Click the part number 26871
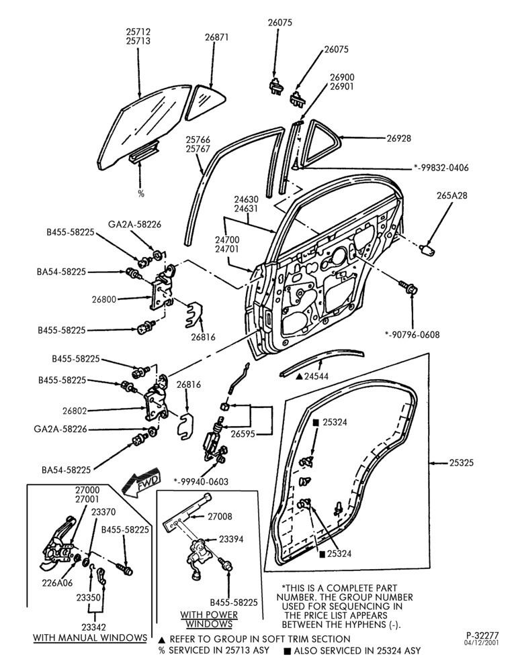click(x=216, y=37)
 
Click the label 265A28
click(x=452, y=195)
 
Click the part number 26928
click(x=398, y=138)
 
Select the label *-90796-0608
click(x=412, y=334)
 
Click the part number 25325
click(x=462, y=462)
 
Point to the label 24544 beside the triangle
click(x=316, y=376)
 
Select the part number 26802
click(x=75, y=411)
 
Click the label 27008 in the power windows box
click(x=220, y=517)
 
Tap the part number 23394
click(x=231, y=539)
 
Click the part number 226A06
click(x=57, y=583)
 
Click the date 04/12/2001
click(x=482, y=643)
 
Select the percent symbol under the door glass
click(x=141, y=193)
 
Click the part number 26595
click(x=243, y=433)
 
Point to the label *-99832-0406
click(x=441, y=167)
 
